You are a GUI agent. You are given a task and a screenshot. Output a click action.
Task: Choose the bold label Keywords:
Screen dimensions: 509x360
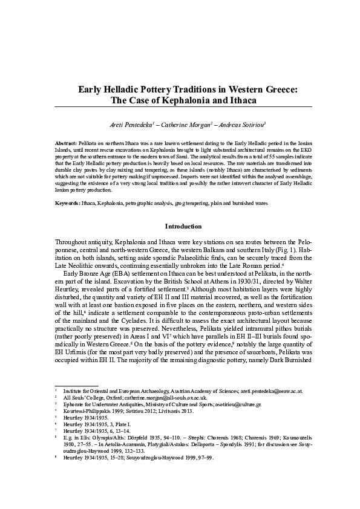[68, 204]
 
